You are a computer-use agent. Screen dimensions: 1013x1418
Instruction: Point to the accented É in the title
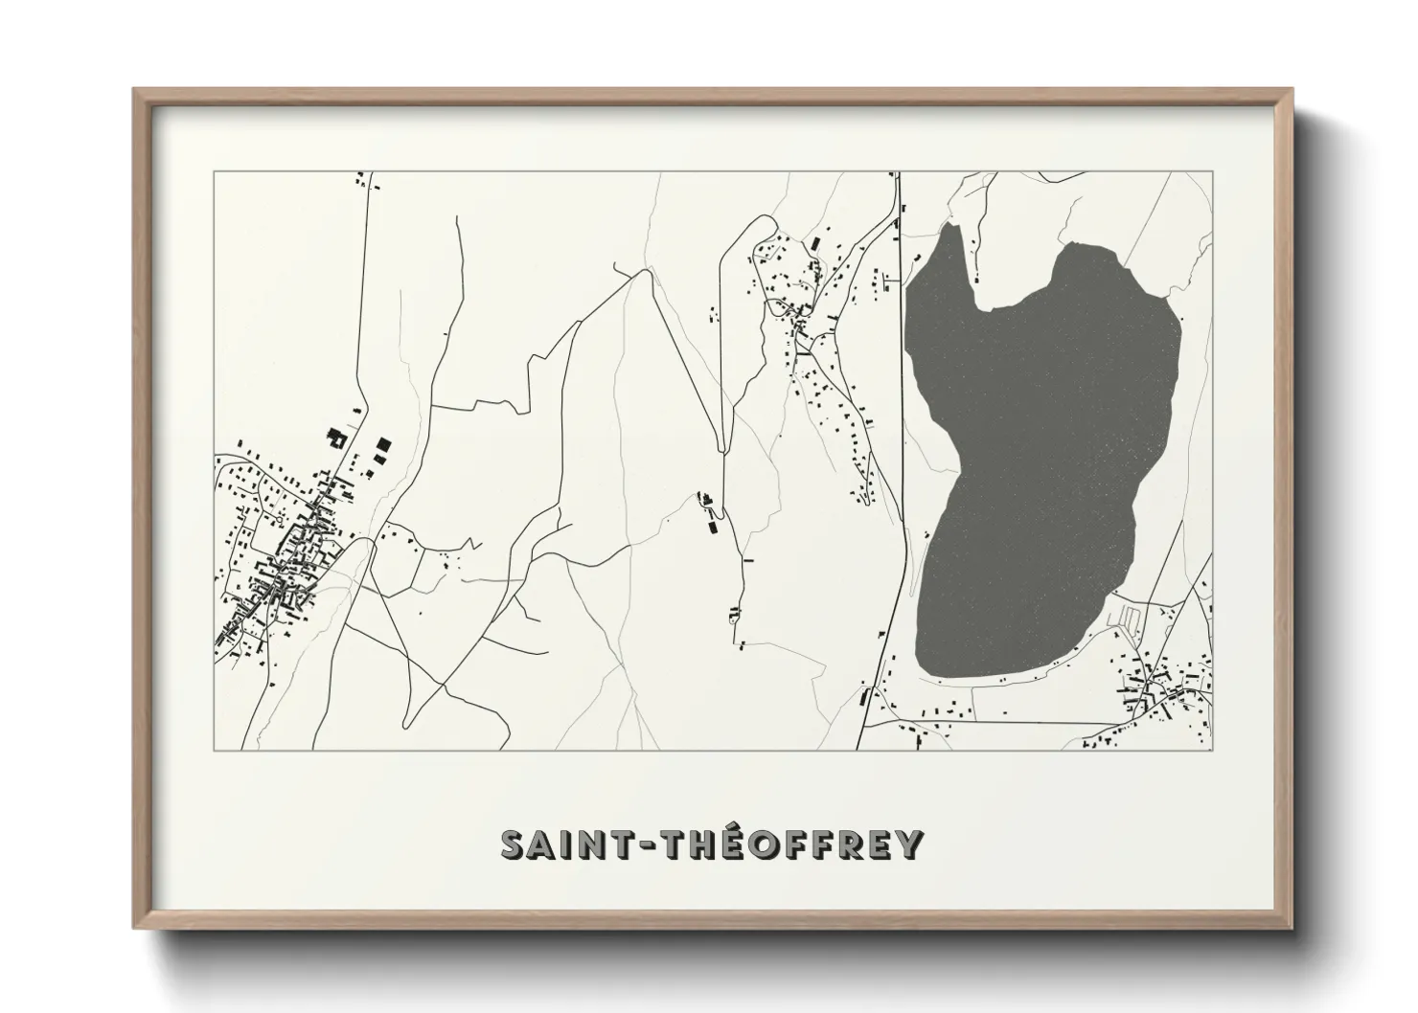point(720,844)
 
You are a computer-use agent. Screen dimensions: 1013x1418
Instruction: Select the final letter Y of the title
point(910,844)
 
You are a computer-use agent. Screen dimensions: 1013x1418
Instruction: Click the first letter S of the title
point(515,844)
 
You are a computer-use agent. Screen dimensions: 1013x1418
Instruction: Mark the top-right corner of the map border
point(1212,172)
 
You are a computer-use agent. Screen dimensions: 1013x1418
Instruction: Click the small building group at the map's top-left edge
point(361,179)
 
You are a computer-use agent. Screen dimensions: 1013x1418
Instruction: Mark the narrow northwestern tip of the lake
point(949,230)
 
